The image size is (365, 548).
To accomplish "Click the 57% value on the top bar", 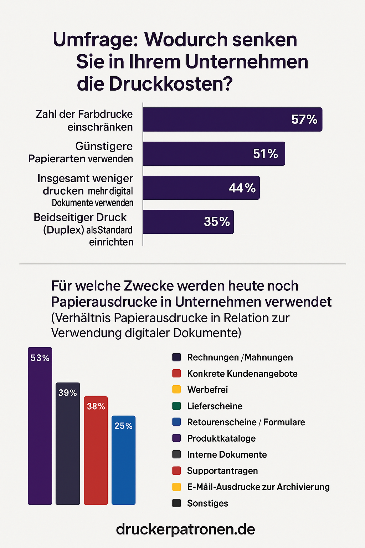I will click(x=304, y=120).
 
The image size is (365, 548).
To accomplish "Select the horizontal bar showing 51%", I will click(x=214, y=154).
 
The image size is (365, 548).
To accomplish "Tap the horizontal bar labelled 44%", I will click(x=201, y=188).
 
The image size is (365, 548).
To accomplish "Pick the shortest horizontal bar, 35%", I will click(x=188, y=222).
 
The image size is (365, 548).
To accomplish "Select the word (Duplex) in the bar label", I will click(x=63, y=230).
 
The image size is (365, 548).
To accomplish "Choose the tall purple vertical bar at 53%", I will click(x=40, y=428).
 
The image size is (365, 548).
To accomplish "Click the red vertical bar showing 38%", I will click(x=96, y=453).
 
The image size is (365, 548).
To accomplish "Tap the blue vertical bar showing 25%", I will click(x=123, y=464).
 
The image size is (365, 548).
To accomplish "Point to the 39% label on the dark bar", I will click(x=68, y=393).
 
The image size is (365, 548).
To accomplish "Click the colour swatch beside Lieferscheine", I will click(x=176, y=406).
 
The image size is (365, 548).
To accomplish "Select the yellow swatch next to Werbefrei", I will click(x=176, y=390).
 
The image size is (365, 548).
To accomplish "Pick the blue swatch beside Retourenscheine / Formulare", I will click(x=176, y=422).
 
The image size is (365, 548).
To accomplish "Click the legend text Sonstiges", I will click(x=207, y=503).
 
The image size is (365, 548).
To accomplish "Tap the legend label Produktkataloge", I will click(x=221, y=438).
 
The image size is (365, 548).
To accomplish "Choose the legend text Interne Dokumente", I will click(x=227, y=455).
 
